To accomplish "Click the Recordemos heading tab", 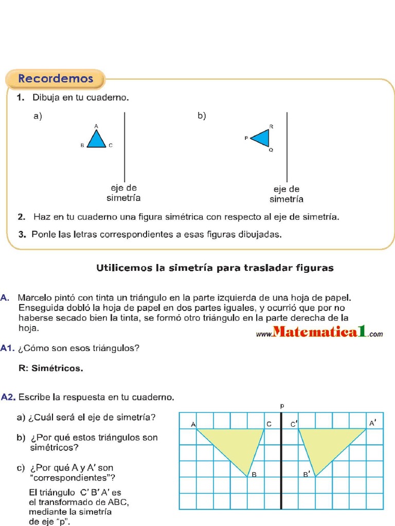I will (56, 79).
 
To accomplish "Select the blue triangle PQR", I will (261, 138).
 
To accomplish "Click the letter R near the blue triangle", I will (271, 126).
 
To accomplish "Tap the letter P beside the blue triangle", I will (246, 138).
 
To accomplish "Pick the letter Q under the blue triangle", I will (271, 150).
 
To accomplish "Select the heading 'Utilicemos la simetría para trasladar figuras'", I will (215, 268).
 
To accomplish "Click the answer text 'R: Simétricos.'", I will (50, 368).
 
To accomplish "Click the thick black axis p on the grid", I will (281, 462).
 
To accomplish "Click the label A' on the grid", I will (372, 423).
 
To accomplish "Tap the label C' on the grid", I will (294, 424).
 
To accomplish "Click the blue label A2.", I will (8, 397).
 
